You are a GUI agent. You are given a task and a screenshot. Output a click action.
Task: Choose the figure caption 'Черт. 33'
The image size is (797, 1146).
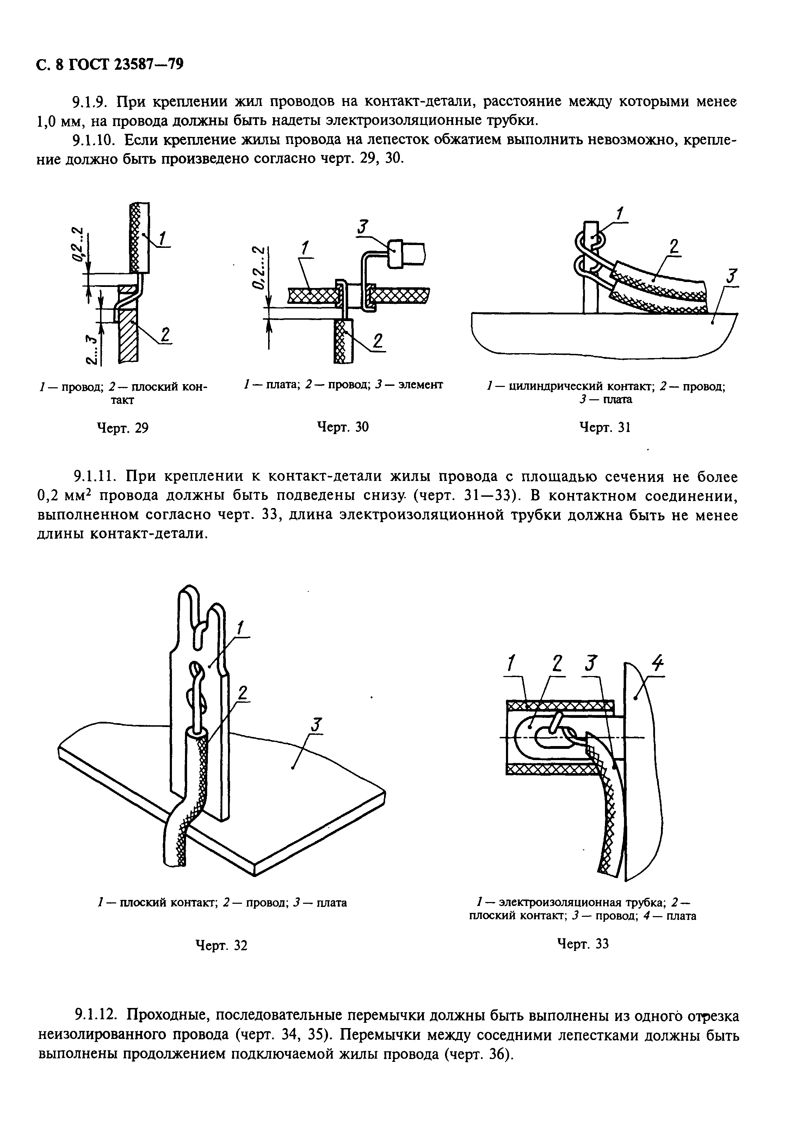pos(583,944)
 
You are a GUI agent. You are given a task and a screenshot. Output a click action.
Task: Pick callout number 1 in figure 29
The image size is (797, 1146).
pos(163,240)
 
